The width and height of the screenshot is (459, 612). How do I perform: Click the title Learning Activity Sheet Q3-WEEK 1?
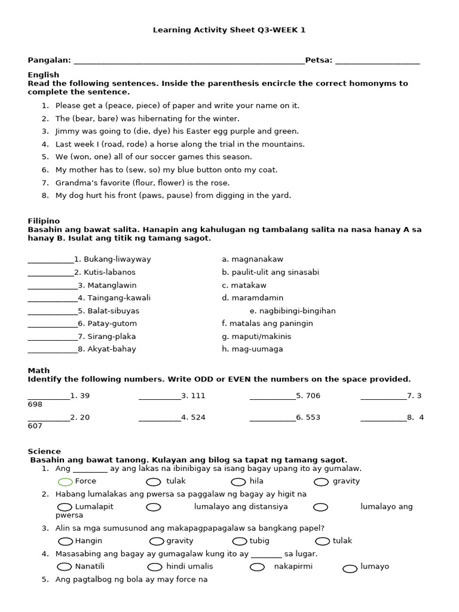click(x=229, y=30)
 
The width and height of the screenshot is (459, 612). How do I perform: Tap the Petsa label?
click(x=319, y=60)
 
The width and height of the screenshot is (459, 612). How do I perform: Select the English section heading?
click(x=44, y=75)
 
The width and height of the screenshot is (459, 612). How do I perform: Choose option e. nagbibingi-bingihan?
click(x=292, y=311)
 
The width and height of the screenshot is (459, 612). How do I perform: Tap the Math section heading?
click(x=39, y=371)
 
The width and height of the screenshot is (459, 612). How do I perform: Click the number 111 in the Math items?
click(x=197, y=396)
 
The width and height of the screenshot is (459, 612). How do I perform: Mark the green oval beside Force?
click(x=65, y=482)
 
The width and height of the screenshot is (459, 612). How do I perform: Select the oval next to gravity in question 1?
click(x=321, y=482)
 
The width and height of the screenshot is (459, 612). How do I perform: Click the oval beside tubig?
click(x=240, y=541)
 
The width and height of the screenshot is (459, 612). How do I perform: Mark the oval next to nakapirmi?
click(x=257, y=567)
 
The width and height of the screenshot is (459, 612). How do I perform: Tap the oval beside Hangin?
click(x=65, y=541)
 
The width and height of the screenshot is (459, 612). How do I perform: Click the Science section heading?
click(x=44, y=451)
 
